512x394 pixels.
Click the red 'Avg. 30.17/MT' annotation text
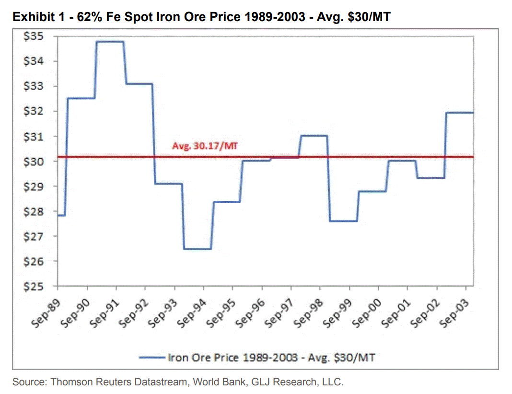(205, 146)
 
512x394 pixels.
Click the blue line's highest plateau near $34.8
(110, 42)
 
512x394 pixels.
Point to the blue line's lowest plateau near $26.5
(197, 249)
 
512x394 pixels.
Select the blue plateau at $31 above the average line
(314, 136)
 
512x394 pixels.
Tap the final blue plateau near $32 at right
(460, 113)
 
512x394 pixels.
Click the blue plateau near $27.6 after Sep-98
(343, 221)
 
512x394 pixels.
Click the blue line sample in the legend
(152, 357)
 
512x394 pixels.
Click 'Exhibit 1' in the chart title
(34, 17)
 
